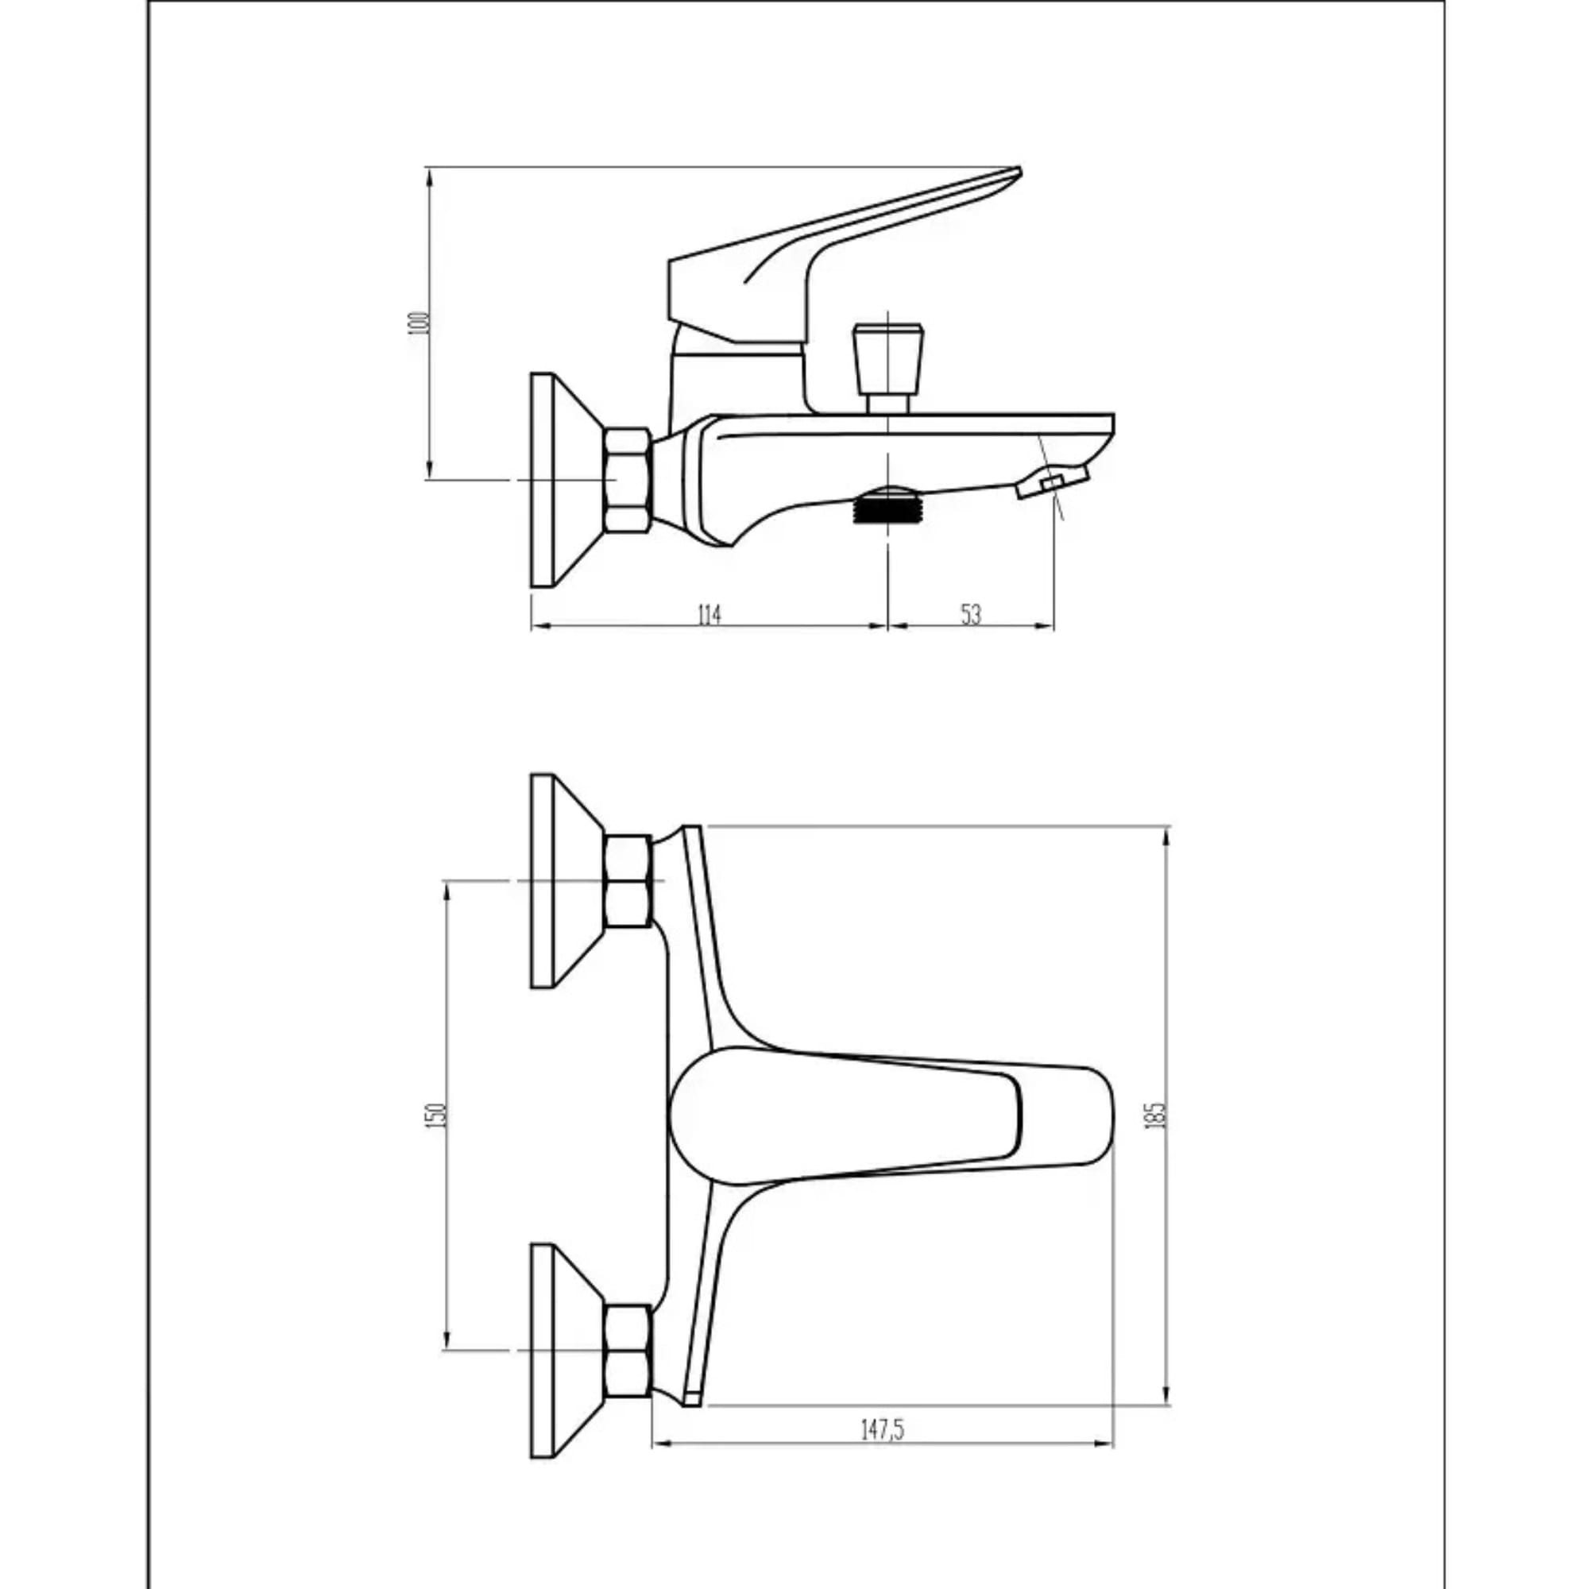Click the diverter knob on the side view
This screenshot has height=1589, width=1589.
pos(888,359)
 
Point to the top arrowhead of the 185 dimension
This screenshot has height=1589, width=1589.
pos(1167,833)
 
